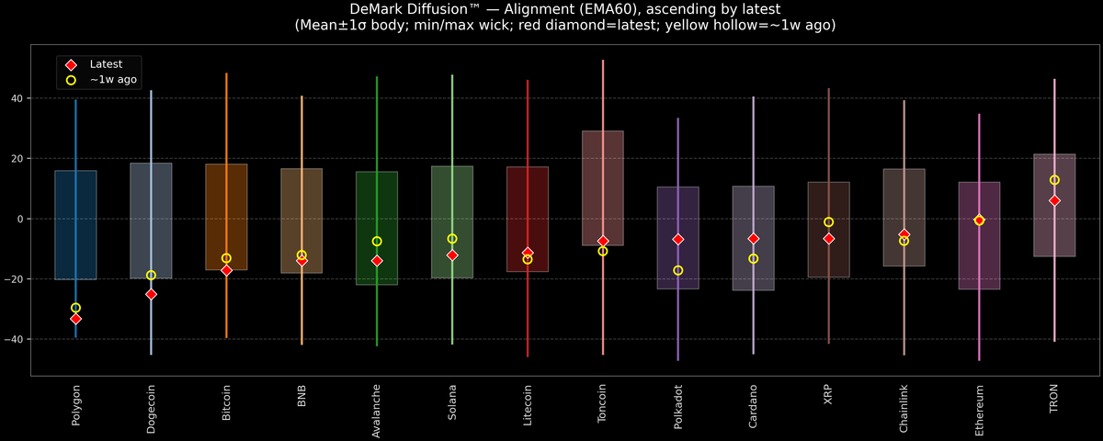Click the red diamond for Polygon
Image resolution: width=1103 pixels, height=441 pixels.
click(75, 319)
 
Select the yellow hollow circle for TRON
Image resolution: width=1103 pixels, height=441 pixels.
click(1054, 180)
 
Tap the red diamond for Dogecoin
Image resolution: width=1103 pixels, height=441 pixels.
click(151, 294)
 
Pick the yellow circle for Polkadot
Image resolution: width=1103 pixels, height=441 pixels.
click(678, 271)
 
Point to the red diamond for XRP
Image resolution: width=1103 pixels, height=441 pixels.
click(829, 239)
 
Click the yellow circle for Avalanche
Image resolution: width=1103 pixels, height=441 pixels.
click(377, 242)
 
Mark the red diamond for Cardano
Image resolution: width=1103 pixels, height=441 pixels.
click(754, 239)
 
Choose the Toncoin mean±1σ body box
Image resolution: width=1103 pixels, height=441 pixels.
click(603, 188)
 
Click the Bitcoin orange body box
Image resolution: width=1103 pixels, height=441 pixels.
click(226, 217)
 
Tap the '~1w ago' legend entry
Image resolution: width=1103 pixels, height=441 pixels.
click(101, 80)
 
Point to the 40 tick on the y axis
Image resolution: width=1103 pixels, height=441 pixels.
click(17, 98)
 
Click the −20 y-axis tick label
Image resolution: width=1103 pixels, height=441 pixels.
click(14, 279)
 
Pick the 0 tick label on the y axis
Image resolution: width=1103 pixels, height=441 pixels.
click(20, 219)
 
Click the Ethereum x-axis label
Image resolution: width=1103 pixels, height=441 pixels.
click(979, 411)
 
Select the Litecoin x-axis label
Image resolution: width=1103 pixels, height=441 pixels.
click(528, 405)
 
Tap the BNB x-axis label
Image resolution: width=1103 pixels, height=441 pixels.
click(301, 396)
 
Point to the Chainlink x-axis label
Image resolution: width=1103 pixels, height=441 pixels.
click(904, 409)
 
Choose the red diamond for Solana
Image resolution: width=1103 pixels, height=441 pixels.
click(452, 255)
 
